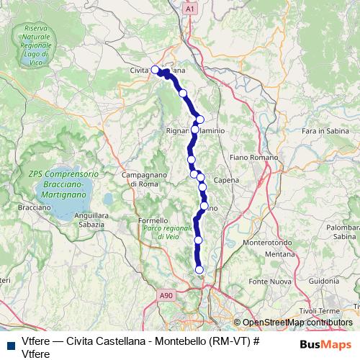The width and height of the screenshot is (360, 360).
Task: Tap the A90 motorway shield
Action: tap(167, 295)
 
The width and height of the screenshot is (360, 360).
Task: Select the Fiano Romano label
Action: tap(248, 156)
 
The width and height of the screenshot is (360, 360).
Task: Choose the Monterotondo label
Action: tap(266, 243)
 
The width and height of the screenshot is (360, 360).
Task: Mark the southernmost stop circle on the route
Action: tap(199, 270)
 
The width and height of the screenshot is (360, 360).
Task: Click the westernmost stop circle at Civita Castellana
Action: tap(155, 70)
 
